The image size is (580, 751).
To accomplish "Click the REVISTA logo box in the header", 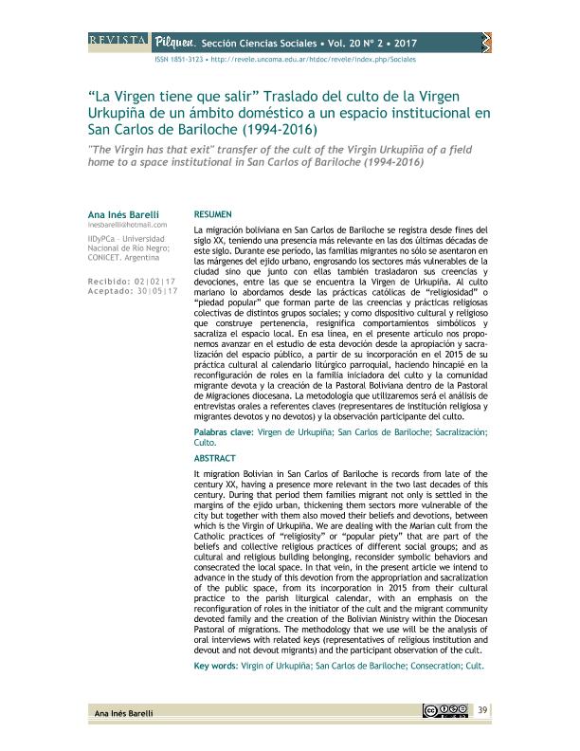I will click(117, 41).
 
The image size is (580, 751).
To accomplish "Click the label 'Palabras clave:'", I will click(222, 432).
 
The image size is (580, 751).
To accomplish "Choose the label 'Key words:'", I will click(215, 666).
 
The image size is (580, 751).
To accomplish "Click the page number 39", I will click(482, 710).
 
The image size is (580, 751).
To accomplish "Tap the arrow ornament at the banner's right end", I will click(485, 40).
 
